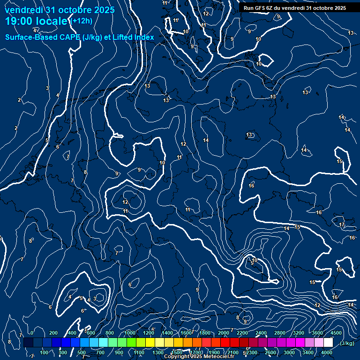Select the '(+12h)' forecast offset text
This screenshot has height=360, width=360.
click(82, 21)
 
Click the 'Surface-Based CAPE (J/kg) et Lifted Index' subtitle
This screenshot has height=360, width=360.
click(80, 37)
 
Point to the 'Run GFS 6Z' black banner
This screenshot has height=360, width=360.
click(294, 8)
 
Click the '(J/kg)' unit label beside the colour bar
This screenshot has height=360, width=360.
click(347, 344)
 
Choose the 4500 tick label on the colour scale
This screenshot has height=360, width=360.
click(336, 333)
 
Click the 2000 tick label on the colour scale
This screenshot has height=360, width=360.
click(224, 333)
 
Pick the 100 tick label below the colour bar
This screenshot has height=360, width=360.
click(45, 352)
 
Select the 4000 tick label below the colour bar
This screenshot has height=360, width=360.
click(327, 352)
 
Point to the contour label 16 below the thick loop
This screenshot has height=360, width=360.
click(251, 186)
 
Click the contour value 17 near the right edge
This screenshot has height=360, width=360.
click(342, 225)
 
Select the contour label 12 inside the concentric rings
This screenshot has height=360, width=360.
click(125, 202)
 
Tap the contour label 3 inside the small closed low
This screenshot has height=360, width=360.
click(95, 298)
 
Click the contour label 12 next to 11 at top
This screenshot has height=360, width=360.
click(206, 14)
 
